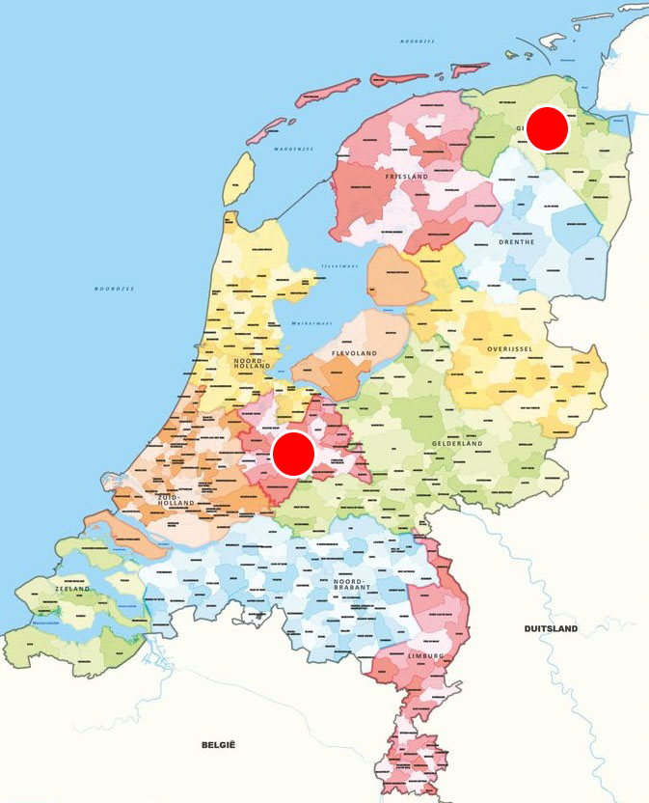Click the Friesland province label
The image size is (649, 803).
pyautogui.click(x=405, y=178)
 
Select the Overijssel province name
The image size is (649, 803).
pyautogui.click(x=510, y=347)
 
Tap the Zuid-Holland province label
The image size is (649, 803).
pyautogui.click(x=176, y=499)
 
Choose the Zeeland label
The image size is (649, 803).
pyautogui.click(x=73, y=589)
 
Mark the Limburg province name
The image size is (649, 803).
pyautogui.click(x=425, y=656)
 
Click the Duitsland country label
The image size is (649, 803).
pyautogui.click(x=551, y=628)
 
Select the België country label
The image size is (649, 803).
pyautogui.click(x=219, y=744)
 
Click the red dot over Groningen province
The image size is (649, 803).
pyautogui.click(x=548, y=129)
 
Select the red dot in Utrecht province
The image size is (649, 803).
pyautogui.click(x=293, y=454)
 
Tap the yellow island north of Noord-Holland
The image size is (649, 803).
pyautogui.click(x=238, y=180)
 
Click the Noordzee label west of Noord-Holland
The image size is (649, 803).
pyautogui.click(x=114, y=289)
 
